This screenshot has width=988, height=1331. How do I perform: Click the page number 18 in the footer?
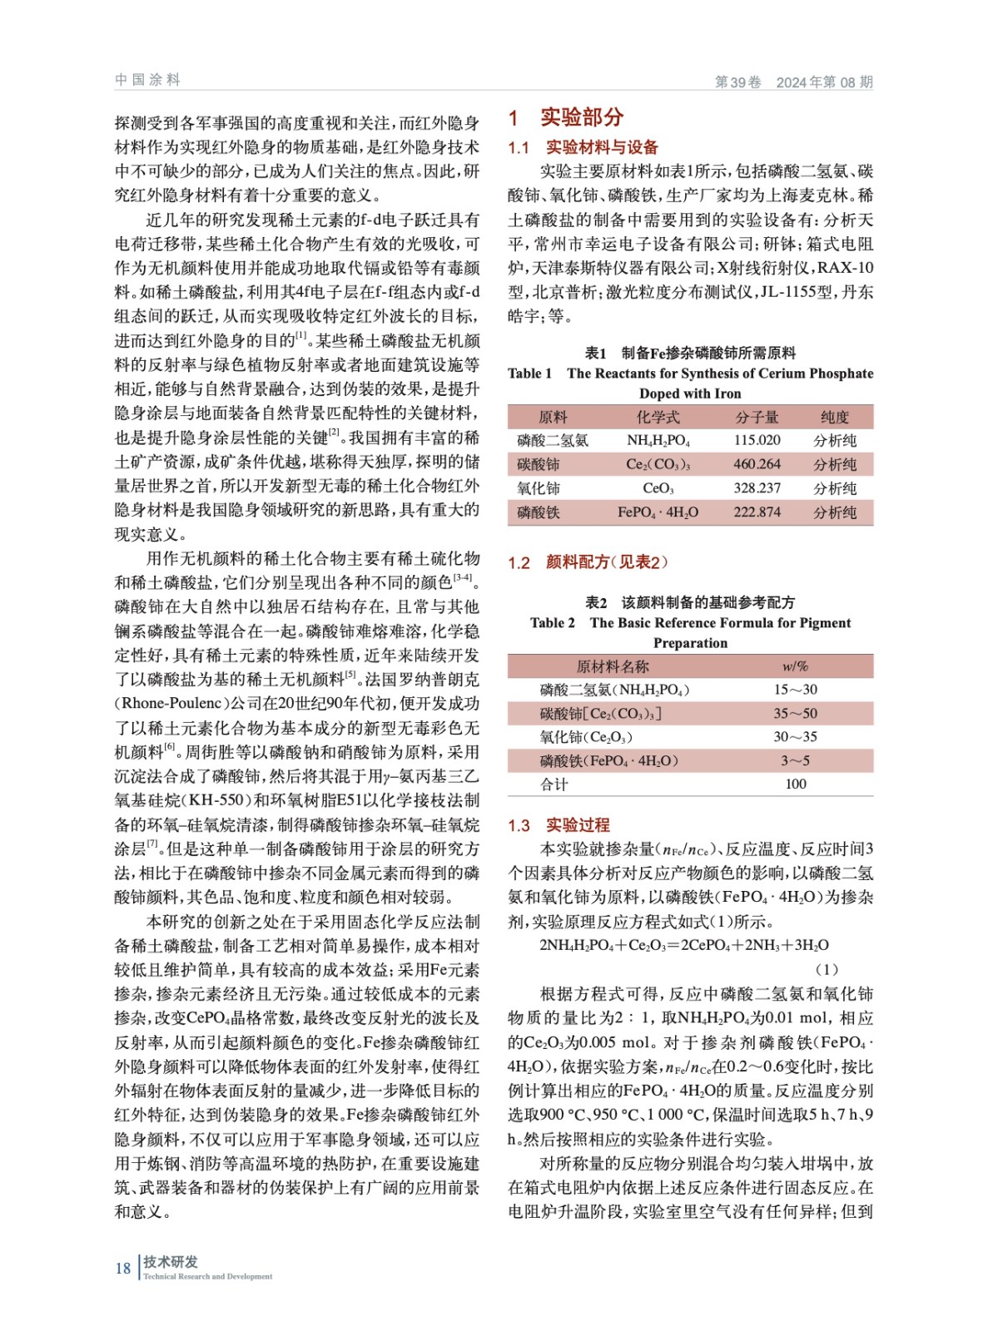(x=122, y=1268)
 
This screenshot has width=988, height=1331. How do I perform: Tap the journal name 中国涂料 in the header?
(x=147, y=80)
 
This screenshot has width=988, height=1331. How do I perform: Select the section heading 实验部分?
(x=581, y=117)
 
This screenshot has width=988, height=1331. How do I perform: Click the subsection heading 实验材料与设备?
(x=601, y=147)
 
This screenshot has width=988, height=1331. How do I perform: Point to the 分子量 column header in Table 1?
(x=757, y=417)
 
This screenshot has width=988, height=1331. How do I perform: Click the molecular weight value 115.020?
(x=757, y=440)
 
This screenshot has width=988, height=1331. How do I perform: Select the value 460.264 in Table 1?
(x=757, y=464)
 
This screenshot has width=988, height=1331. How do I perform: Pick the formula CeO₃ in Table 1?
(x=658, y=488)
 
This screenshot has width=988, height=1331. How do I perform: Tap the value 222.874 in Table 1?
(x=757, y=512)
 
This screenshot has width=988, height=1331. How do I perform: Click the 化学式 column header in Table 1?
(x=658, y=417)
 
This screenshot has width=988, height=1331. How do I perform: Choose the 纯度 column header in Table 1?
(x=834, y=417)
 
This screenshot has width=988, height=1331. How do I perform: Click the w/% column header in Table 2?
(x=795, y=666)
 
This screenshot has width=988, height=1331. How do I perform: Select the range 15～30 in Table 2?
(x=795, y=690)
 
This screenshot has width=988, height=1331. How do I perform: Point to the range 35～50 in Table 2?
(x=795, y=714)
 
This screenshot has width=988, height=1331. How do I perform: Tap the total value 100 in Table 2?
(x=795, y=784)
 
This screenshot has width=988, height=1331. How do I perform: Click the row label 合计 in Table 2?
(x=554, y=784)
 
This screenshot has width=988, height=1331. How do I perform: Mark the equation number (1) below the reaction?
(x=826, y=969)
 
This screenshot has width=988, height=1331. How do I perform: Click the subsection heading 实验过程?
(x=578, y=825)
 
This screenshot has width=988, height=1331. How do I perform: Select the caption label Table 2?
(x=552, y=623)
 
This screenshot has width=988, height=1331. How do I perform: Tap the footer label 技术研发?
(x=171, y=1261)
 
